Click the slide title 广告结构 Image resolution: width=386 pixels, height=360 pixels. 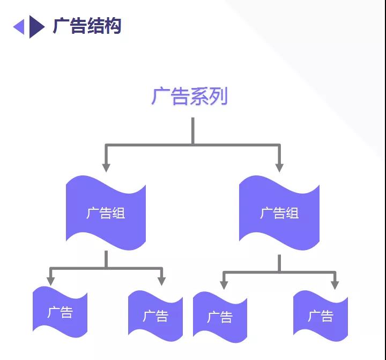[87, 26]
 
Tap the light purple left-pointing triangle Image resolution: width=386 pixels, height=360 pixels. [20, 27]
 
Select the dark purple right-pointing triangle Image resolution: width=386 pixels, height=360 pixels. [36, 27]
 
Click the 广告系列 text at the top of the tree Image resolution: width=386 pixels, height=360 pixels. [189, 96]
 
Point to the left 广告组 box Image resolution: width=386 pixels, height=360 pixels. [106, 213]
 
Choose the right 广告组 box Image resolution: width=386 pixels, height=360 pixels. [279, 213]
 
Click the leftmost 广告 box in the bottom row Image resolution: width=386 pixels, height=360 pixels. [60, 312]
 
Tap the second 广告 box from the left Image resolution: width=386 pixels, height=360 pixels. [155, 316]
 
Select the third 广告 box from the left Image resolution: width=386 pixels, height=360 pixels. [220, 317]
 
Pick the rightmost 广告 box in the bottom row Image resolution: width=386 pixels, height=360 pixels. [321, 316]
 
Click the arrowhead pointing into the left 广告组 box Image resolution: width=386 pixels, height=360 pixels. [106, 168]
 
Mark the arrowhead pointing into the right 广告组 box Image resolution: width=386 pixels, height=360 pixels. [279, 168]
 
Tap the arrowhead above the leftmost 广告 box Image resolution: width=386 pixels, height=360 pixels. [51, 281]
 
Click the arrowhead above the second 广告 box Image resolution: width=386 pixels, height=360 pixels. [161, 281]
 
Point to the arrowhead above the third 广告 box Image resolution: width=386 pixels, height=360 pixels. [224, 285]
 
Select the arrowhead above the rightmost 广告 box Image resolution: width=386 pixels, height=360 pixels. [335, 285]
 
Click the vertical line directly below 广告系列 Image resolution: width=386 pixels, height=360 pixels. [193, 131]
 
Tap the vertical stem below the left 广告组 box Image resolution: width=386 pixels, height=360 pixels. [106, 259]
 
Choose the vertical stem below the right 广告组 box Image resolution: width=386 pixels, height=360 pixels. [279, 263]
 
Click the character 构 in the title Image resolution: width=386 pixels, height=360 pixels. [113, 26]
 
